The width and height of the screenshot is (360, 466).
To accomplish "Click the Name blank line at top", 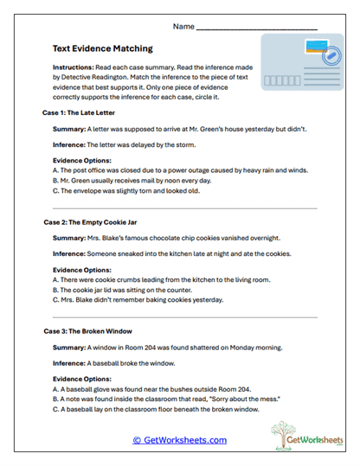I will [257, 29].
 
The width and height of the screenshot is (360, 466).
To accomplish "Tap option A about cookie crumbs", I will [161, 280].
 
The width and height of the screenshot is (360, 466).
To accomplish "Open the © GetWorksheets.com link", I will [179, 439].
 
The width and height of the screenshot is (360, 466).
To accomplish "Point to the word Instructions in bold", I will [76, 67].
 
